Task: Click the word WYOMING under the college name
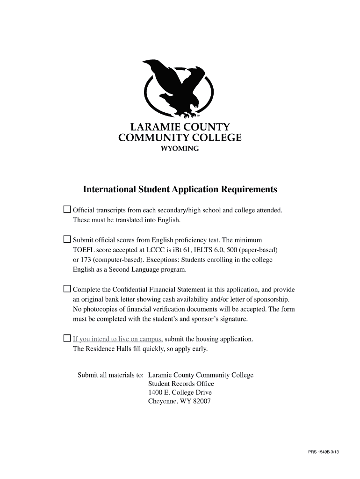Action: click(180, 149)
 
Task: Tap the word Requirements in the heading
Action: click(249, 189)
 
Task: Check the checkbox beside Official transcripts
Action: click(67, 209)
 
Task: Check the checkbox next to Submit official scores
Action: click(67, 239)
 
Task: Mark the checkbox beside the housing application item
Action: click(67, 338)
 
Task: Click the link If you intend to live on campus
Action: click(118, 339)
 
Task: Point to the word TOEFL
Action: click(82, 250)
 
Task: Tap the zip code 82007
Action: click(202, 401)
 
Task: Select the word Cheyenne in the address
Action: click(162, 401)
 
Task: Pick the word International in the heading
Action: click(109, 189)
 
